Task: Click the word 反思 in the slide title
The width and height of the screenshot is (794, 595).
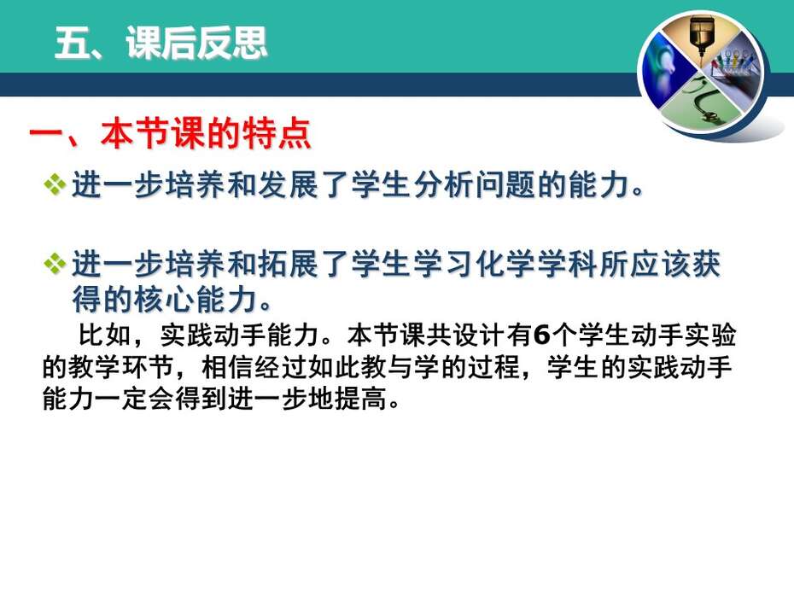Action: (232, 43)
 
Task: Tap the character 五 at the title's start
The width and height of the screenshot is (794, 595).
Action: (72, 43)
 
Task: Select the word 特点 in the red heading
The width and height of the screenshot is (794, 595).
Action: (277, 134)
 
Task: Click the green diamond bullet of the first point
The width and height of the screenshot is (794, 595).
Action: (55, 184)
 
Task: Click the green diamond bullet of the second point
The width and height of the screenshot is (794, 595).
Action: (55, 264)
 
